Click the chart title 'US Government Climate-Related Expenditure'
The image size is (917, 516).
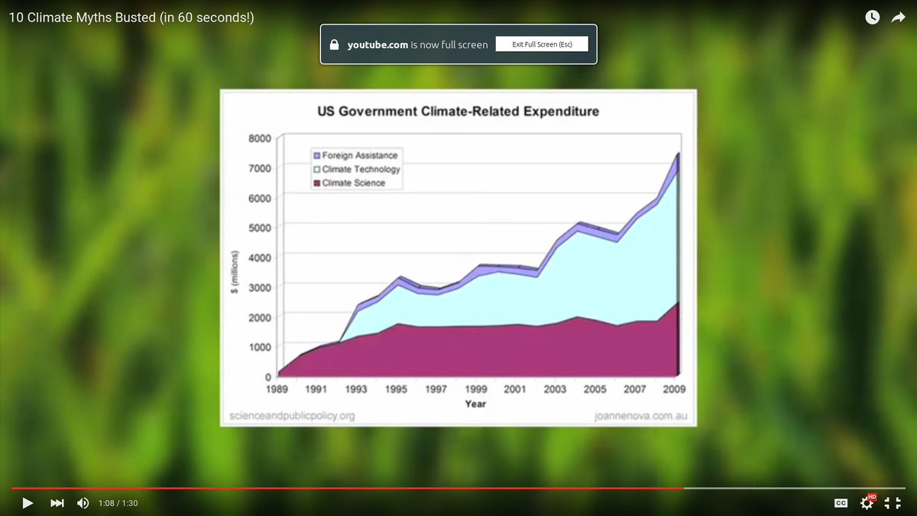(458, 112)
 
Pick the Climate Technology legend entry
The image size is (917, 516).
(361, 169)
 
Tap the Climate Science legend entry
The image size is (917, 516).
(353, 183)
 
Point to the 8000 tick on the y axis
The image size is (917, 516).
(260, 138)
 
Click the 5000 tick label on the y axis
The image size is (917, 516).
(260, 228)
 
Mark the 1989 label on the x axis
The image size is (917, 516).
(277, 389)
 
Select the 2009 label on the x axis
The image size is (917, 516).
(674, 389)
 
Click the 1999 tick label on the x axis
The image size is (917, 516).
(475, 389)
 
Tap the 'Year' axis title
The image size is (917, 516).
(475, 404)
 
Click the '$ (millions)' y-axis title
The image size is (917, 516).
(235, 271)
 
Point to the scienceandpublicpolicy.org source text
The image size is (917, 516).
(292, 416)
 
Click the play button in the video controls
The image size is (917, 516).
(28, 503)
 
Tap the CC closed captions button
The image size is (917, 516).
(841, 503)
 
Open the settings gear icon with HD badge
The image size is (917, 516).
(867, 502)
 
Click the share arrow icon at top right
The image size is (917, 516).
(898, 17)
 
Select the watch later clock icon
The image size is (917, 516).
(871, 17)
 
